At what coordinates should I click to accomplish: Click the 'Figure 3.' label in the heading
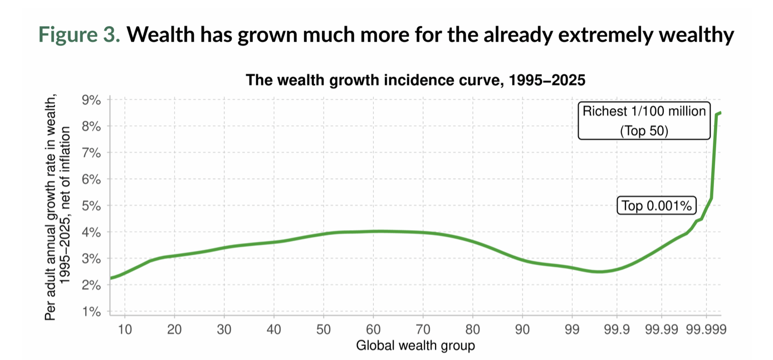click(x=79, y=35)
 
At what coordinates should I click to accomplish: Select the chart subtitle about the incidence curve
click(x=415, y=81)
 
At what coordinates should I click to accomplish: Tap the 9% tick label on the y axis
click(x=91, y=100)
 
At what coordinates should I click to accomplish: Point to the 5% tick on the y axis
click(x=91, y=206)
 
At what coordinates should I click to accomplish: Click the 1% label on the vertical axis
click(x=91, y=312)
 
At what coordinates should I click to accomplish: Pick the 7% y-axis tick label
click(x=91, y=153)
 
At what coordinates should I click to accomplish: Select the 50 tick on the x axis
click(x=324, y=329)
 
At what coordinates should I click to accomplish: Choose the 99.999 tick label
click(x=706, y=329)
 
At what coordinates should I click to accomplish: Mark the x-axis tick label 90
click(x=522, y=329)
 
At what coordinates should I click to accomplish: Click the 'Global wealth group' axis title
click(x=415, y=346)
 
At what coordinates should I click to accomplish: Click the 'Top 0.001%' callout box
click(x=657, y=206)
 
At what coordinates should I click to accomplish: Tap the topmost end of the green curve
click(x=720, y=113)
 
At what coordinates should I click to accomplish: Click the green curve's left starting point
click(x=111, y=278)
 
